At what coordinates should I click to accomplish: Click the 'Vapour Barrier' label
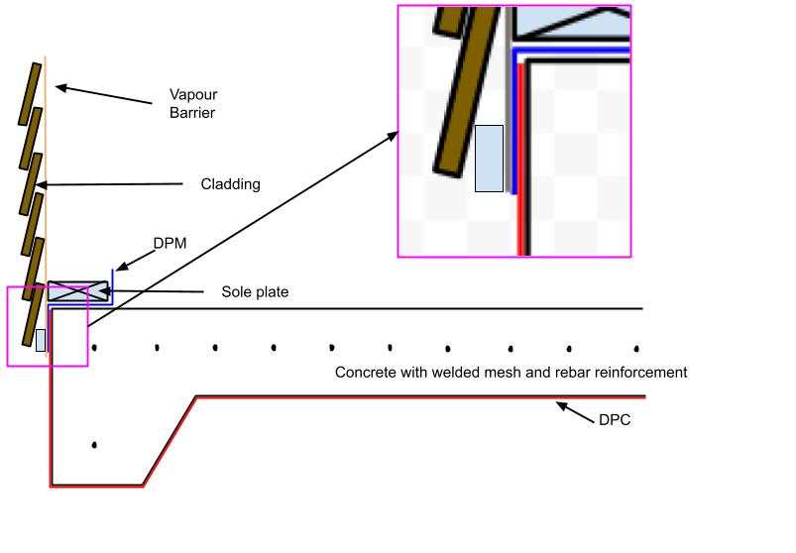192,103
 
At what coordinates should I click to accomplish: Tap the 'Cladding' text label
230,183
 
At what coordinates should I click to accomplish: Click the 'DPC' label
614,419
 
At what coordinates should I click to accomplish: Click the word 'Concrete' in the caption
364,373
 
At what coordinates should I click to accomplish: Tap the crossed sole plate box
78,290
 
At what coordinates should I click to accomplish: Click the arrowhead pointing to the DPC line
561,403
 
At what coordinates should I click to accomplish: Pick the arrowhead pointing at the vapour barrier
58,88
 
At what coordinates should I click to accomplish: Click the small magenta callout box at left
47,326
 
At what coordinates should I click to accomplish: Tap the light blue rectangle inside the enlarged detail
489,158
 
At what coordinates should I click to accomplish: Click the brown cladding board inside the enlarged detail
465,89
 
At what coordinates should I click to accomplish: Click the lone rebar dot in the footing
94,445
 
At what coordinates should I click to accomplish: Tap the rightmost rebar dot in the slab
636,348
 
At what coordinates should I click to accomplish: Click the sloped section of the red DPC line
170,442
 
